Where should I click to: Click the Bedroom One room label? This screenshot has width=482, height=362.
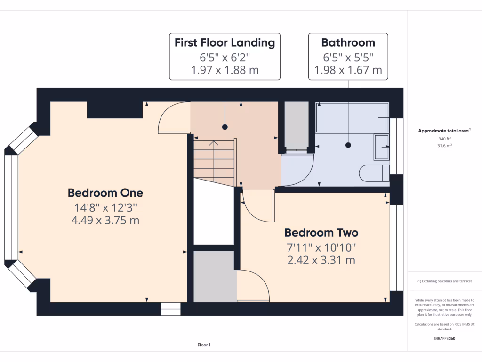coord(105,193)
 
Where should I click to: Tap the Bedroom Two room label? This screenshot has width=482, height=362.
coord(321,233)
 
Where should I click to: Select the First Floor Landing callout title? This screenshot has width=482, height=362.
coord(225,43)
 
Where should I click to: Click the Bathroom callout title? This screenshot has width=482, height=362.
coord(348,43)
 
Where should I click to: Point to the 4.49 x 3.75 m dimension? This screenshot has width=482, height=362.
coord(105,220)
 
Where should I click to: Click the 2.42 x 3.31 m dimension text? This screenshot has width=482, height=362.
coord(321,260)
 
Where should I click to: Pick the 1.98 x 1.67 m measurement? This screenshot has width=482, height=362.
coord(348,71)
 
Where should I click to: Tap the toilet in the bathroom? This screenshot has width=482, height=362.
coord(374,173)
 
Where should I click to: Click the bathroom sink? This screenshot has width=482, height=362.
coord(381,147)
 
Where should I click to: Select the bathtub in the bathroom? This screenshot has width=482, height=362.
coord(352,117)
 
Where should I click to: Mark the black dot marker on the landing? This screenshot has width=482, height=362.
coord(225,127)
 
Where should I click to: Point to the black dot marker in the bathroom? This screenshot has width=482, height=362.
coord(348,146)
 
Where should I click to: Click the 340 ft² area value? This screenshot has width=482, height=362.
coord(444,139)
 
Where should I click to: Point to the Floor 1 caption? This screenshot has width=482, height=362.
coord(204,346)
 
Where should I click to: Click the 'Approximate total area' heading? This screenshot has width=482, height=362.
coord(444,131)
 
